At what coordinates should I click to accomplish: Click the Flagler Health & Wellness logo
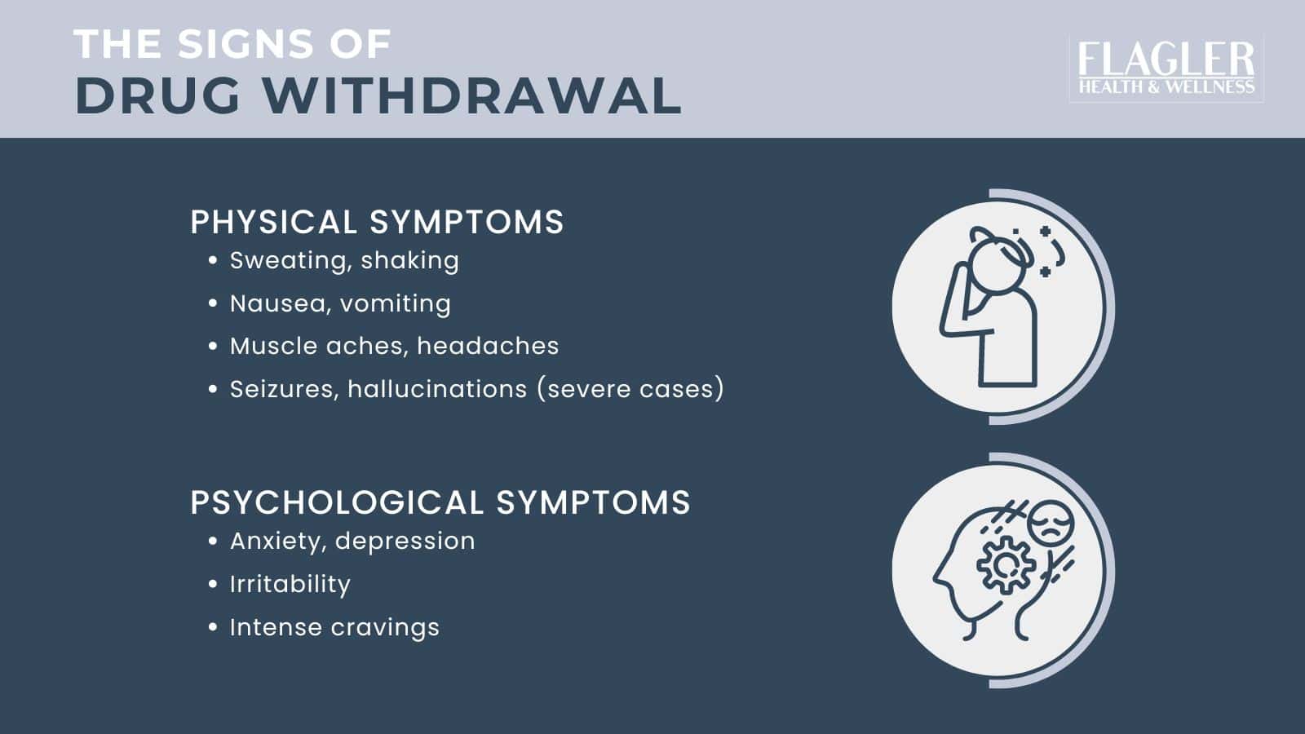tap(1166, 69)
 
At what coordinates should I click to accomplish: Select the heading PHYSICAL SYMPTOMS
tap(377, 223)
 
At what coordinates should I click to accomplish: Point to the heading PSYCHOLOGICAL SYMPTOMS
tap(440, 502)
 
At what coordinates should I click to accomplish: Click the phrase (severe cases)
tap(630, 389)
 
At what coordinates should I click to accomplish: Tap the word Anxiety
tap(277, 541)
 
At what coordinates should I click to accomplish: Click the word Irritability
tap(290, 584)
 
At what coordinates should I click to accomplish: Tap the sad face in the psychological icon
tap(1051, 523)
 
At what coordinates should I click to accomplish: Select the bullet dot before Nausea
tap(213, 303)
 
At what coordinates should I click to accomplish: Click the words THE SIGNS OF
tap(232, 44)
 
